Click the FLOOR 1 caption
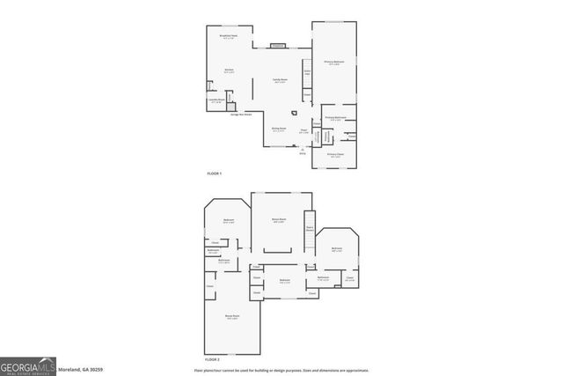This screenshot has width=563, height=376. pos(215,174)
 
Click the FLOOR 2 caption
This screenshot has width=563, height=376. pos(212,359)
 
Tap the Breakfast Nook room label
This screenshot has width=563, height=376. pos(229,38)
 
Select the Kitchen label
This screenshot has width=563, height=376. pos(229,71)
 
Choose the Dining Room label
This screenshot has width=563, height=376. pos(277,129)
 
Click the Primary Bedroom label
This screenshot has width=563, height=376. pos(333,63)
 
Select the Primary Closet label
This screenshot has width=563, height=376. pos(335,155)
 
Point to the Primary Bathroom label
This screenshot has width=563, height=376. pos(334,118)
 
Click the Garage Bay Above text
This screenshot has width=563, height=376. pos(242,114)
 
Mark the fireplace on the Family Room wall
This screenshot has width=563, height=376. pos(278,45)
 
